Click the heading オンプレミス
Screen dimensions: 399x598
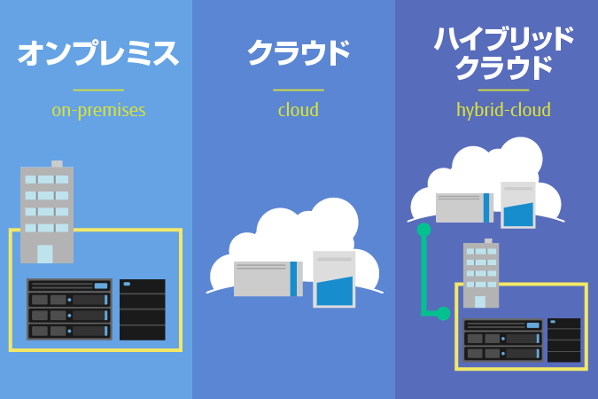[98, 53]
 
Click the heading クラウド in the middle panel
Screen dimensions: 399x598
[299, 53]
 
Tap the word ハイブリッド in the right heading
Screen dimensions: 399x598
[503, 39]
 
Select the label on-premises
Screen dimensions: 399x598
[98, 111]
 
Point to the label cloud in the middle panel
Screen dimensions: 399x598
[299, 111]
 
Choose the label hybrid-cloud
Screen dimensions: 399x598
[503, 111]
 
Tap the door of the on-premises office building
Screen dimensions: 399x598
[44, 254]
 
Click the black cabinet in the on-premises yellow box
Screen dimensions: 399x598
[142, 309]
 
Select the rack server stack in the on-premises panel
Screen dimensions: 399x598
[69, 309]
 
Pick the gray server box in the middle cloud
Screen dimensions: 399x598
[266, 278]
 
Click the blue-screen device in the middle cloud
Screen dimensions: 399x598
[334, 280]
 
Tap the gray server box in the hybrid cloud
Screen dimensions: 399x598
[463, 207]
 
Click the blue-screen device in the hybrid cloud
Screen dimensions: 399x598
[518, 206]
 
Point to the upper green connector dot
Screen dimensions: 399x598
[423, 230]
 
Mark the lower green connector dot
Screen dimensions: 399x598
[443, 313]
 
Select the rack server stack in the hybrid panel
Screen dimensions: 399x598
[503, 340]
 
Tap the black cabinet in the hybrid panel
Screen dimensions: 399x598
[563, 340]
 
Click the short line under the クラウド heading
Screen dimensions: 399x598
[299, 90]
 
